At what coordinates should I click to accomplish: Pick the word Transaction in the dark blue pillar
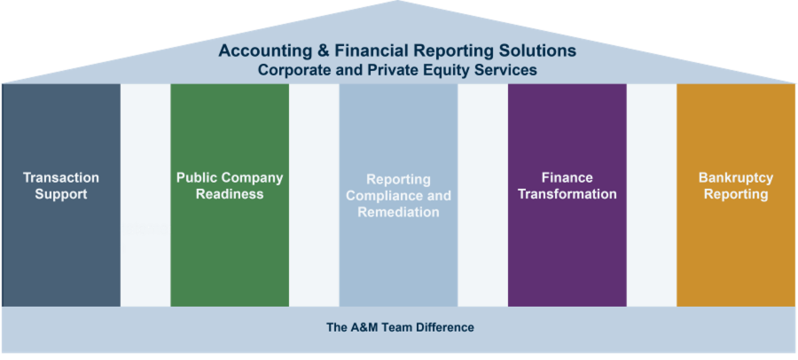point(61,177)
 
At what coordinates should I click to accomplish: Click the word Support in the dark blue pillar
point(61,194)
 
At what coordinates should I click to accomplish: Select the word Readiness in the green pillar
point(230,194)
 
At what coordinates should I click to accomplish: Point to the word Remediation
point(398,212)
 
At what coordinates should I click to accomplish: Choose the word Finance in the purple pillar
point(567,177)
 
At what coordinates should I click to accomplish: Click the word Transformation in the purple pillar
point(567,194)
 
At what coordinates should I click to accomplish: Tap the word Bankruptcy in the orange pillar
point(736,177)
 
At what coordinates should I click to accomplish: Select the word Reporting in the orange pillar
point(736,194)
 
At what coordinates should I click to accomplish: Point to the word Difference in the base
point(444,327)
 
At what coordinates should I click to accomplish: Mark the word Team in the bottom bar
point(395,327)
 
